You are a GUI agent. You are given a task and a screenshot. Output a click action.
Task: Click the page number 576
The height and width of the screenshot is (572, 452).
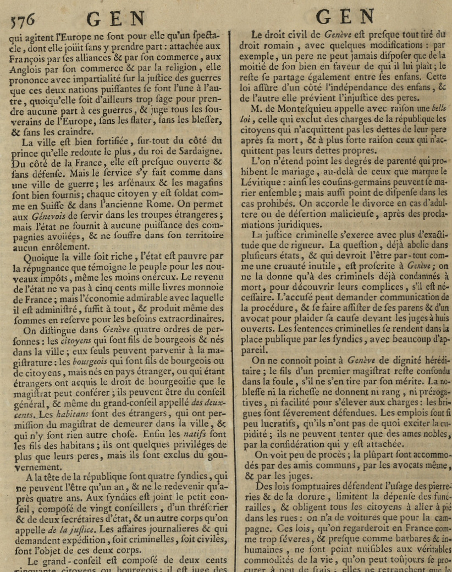[x=22, y=19]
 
